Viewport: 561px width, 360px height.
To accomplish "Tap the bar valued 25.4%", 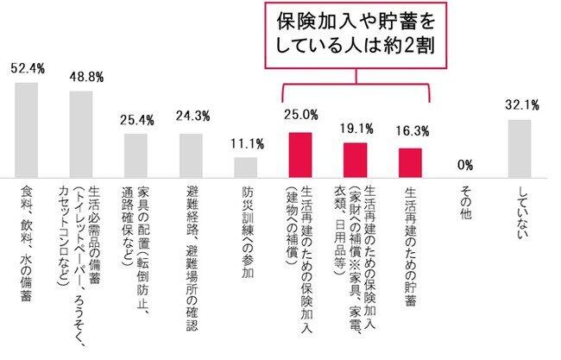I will [136, 154].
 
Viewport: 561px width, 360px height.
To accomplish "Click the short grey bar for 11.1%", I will [245, 165].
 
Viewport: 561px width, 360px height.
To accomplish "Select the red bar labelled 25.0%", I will [299, 153].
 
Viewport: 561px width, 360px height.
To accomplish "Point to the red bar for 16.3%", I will [410, 161].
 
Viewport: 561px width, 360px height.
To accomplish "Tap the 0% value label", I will [466, 164].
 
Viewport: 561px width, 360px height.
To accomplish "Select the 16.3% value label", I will [410, 135].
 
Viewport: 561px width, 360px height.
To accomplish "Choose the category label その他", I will [465, 202].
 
